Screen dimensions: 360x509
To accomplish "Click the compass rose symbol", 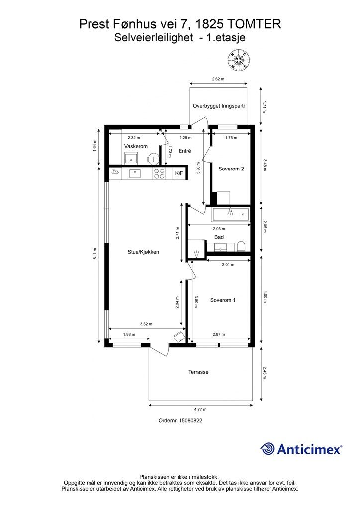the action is (239, 60).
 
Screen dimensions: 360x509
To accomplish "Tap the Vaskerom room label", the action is (136, 146).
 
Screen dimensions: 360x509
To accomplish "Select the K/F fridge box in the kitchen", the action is (179, 173).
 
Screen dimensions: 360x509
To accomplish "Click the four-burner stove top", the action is (159, 173).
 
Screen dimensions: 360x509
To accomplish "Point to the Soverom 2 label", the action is (231, 169).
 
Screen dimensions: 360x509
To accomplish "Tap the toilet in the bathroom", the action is (241, 246).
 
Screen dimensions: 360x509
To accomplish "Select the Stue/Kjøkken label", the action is (143, 252).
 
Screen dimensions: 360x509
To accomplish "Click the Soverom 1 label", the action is (223, 300).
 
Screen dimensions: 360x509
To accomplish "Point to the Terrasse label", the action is (198, 372).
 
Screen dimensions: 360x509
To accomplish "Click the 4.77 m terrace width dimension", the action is (200, 409).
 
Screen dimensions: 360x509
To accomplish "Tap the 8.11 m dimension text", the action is (95, 254).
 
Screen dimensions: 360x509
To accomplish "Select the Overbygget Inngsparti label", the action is (219, 106).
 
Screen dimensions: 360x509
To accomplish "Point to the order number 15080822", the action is (180, 420).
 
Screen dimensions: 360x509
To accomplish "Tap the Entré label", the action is (185, 151).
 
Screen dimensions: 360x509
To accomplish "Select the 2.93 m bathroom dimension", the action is (219, 229).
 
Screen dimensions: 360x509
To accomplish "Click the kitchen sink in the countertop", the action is (135, 173).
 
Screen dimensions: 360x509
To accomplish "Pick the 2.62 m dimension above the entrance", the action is (218, 79).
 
